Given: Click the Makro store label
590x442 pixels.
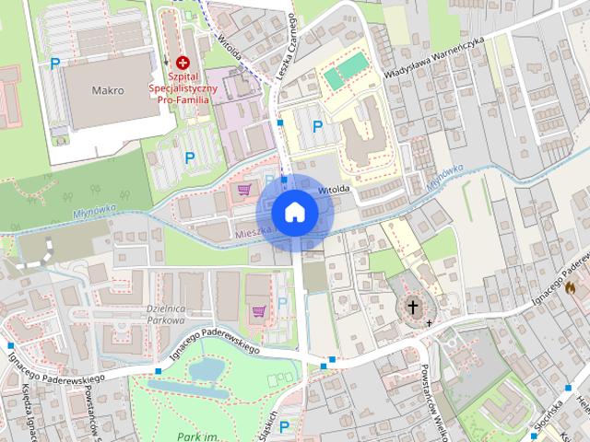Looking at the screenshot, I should click(x=109, y=91).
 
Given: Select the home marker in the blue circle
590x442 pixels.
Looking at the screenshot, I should click(x=294, y=212).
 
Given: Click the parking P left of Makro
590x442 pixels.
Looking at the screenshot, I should click(x=55, y=64).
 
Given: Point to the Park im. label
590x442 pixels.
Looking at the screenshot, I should click(x=195, y=436).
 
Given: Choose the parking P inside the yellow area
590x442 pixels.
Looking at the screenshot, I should click(x=318, y=126).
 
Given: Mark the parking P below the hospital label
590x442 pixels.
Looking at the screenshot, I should click(x=190, y=157).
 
